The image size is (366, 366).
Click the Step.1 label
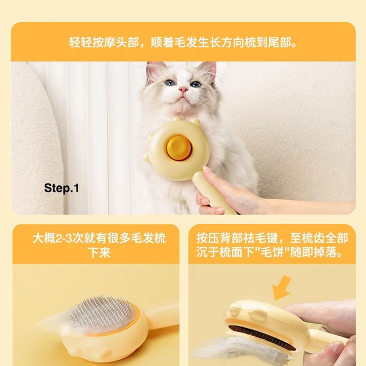[x=62, y=188]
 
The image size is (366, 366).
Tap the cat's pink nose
[x=183, y=89]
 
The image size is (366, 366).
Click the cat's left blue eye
[x=170, y=82]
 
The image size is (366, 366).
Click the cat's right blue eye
[x=196, y=84]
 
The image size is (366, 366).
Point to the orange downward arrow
[x=283, y=288]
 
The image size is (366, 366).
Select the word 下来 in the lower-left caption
[x=99, y=252]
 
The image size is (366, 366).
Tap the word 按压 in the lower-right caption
[x=208, y=238]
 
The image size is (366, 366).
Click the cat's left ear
[x=154, y=70]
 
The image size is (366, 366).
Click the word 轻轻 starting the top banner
[x=80, y=43]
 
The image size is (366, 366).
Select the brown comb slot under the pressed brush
[x=261, y=336]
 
